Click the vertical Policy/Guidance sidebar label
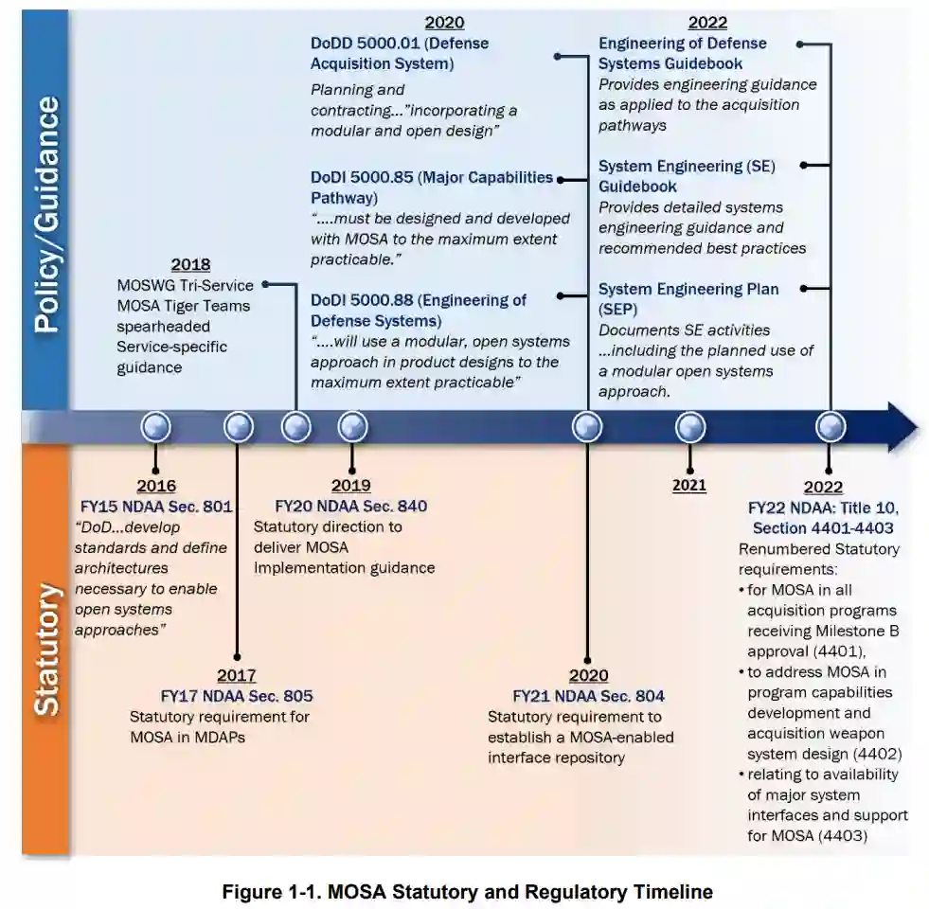pos(46,213)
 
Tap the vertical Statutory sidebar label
pos(46,649)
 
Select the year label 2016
pos(156,487)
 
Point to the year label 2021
pos(689,486)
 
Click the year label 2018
pos(190,265)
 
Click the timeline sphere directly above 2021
pos(690,428)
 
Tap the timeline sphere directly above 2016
pos(156,428)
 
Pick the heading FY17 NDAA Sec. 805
pos(237,696)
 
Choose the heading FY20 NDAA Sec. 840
pos(350,506)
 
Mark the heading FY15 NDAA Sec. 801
pos(156,506)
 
